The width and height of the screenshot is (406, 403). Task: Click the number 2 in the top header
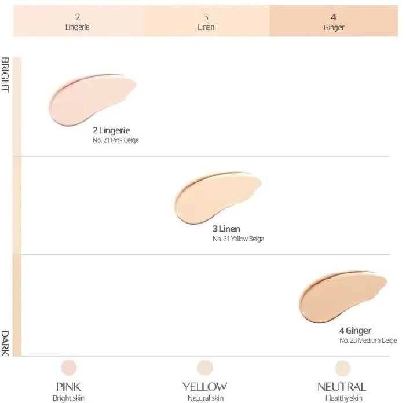(x=77, y=16)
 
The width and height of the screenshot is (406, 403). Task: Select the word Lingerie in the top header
(x=77, y=27)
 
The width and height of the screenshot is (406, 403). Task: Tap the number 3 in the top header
(x=206, y=16)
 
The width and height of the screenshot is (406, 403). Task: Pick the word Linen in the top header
(x=206, y=27)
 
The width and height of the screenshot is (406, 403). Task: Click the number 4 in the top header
(x=334, y=16)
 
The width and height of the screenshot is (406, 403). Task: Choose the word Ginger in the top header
(x=334, y=27)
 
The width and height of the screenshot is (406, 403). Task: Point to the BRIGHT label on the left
(x=5, y=75)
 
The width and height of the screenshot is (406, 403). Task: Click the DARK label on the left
(x=5, y=342)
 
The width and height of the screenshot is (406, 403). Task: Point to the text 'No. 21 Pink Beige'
(x=115, y=140)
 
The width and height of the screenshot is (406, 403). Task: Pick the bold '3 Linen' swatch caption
(x=226, y=229)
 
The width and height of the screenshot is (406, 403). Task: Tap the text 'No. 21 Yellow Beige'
(x=238, y=239)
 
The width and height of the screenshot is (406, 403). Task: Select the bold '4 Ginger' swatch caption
(x=355, y=331)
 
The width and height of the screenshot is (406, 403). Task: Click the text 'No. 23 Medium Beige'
(x=368, y=340)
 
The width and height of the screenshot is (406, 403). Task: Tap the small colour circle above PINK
(x=69, y=367)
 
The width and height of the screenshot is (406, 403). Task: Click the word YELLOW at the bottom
(x=205, y=386)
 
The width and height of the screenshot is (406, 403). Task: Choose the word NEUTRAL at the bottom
(x=342, y=386)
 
